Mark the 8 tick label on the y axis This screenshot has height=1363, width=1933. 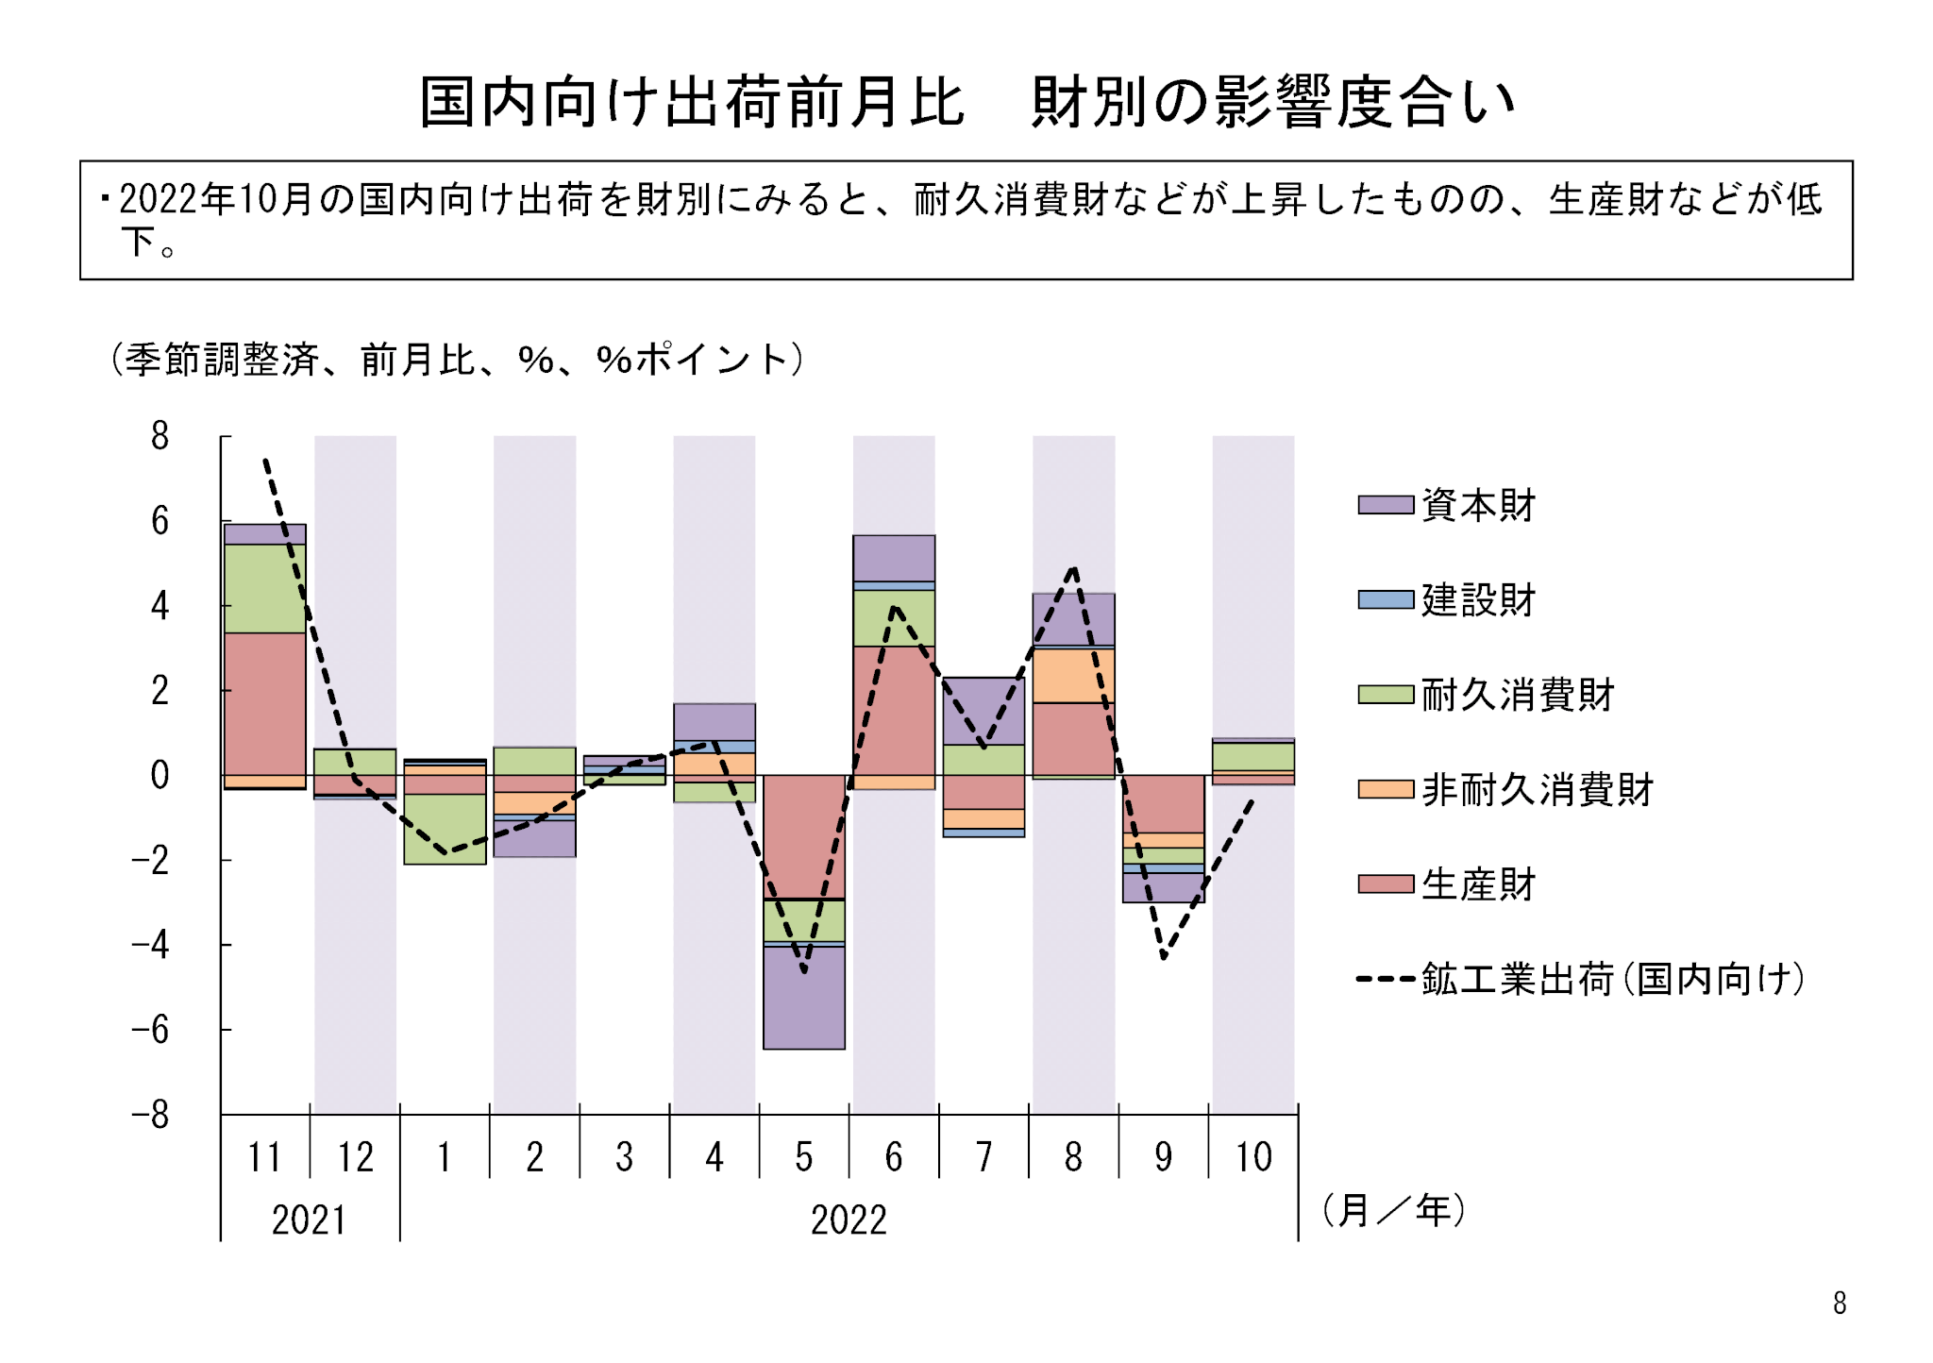(160, 436)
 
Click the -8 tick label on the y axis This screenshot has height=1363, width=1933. (151, 1115)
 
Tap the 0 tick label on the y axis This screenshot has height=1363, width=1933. (160, 775)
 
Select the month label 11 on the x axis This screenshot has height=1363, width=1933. (264, 1157)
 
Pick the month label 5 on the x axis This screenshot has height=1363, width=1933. (804, 1157)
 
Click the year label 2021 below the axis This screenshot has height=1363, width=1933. (309, 1220)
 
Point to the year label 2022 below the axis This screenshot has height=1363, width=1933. (849, 1220)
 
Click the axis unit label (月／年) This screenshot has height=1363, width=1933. (1393, 1210)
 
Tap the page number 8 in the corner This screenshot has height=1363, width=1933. (1840, 1304)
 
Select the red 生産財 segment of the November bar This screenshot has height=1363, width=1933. (265, 703)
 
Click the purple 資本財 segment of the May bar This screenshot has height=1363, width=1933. (804, 997)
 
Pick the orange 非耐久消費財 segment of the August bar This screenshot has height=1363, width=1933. (1074, 676)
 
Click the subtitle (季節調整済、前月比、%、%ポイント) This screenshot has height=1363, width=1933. (457, 360)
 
